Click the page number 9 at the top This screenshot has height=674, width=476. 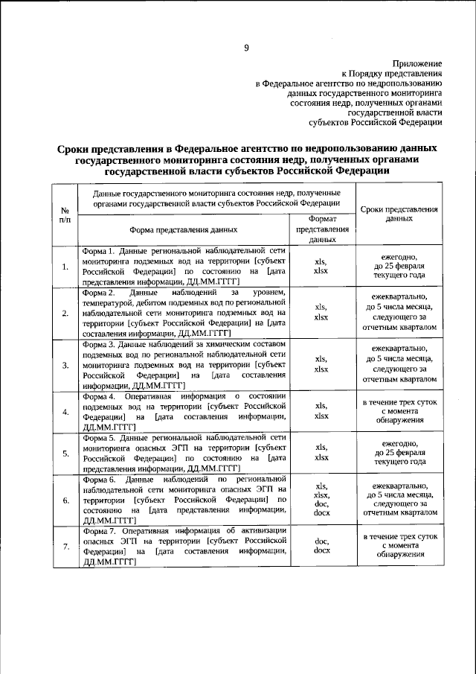click(245, 49)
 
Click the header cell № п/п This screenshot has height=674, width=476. click(65, 215)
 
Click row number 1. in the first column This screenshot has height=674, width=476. click(65, 267)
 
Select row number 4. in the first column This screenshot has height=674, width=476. click(65, 412)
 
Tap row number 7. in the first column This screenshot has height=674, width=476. click(65, 547)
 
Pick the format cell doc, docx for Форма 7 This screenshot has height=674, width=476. click(322, 547)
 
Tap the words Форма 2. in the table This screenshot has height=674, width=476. click(98, 293)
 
